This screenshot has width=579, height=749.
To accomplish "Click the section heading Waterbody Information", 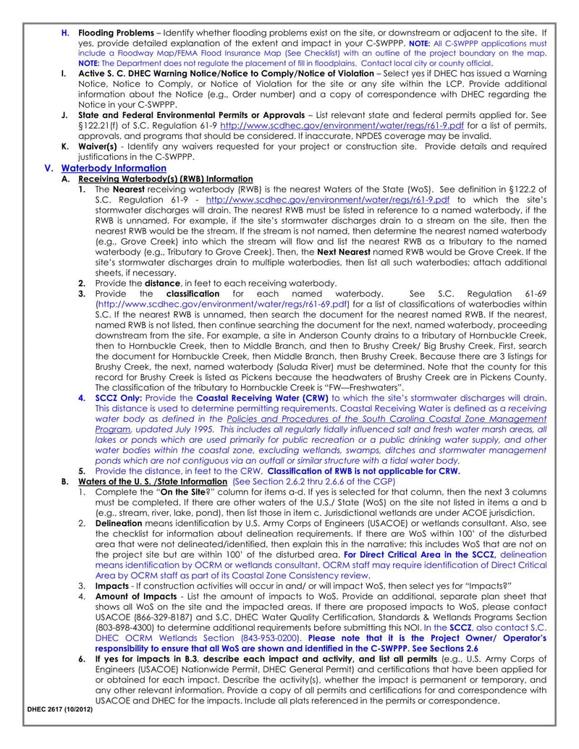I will tap(114, 168).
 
